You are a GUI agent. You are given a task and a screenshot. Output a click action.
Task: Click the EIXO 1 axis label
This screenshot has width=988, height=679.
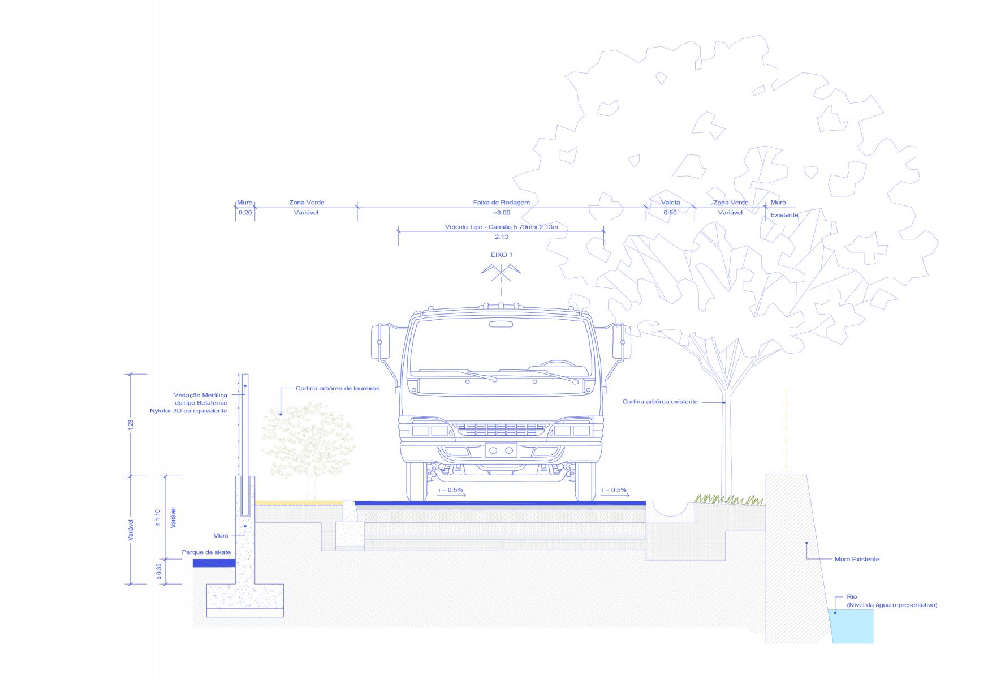[501, 255]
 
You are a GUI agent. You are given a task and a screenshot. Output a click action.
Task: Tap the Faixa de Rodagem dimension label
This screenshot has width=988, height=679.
[501, 203]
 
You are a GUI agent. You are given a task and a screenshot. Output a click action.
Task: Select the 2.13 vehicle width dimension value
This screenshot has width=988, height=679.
[501, 237]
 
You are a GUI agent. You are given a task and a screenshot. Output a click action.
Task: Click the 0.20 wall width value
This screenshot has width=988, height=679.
[245, 213]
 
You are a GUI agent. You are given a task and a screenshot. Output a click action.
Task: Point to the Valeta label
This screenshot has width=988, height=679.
[670, 203]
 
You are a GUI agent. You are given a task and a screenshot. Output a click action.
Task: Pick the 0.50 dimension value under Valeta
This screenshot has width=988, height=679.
[670, 213]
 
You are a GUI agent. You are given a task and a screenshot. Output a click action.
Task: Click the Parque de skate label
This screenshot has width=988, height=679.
[206, 552]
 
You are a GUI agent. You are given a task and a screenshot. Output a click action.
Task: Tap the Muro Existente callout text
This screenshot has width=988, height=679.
[857, 560]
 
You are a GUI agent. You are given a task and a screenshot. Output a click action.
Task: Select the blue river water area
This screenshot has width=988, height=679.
[852, 626]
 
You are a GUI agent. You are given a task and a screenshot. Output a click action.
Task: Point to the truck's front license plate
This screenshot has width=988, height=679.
[501, 450]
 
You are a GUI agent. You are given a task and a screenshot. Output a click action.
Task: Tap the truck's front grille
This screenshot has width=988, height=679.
[501, 429]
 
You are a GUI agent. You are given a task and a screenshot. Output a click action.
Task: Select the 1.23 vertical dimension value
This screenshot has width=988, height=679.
[131, 424]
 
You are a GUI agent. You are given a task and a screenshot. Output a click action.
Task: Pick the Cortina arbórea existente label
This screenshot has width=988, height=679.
[660, 402]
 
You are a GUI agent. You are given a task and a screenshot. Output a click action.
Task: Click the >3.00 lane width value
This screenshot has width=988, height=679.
[501, 213]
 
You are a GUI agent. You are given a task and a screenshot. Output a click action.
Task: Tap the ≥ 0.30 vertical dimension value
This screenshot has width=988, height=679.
[158, 571]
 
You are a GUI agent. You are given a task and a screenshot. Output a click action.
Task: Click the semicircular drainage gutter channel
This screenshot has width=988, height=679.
[670, 510]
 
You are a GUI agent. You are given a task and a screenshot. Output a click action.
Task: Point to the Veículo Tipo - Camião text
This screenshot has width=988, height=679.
[501, 227]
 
